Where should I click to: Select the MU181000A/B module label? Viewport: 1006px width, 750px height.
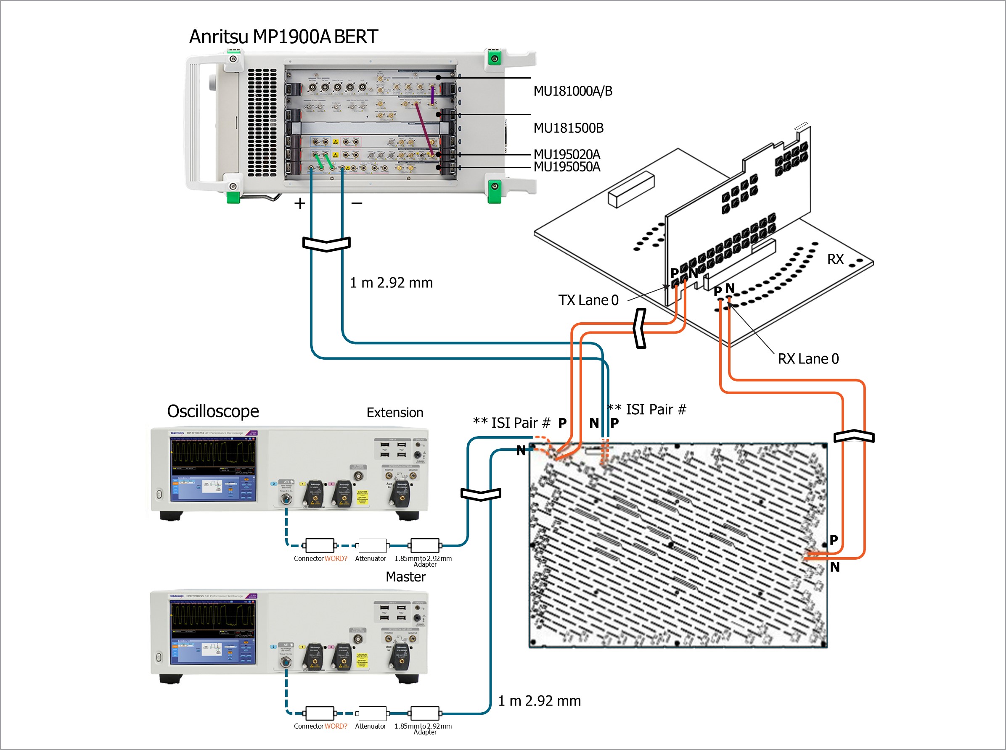pos(572,91)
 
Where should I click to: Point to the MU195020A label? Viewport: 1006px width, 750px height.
pos(567,154)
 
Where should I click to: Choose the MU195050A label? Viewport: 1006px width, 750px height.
pos(567,167)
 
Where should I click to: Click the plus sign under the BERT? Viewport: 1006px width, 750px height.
pos(299,203)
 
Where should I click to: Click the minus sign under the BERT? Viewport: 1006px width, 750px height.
pos(357,203)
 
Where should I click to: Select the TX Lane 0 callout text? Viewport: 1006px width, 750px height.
pos(588,300)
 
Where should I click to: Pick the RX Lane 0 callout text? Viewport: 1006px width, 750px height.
pos(808,359)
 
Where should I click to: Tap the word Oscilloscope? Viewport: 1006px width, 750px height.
pos(213,411)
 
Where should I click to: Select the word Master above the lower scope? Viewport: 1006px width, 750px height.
pos(405,577)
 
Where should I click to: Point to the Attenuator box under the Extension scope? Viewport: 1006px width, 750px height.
pos(372,545)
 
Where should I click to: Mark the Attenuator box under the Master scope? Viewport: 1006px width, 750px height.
pos(372,713)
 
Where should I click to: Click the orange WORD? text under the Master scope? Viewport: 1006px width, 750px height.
pos(336,726)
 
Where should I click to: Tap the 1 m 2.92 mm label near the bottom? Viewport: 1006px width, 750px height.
pos(539,701)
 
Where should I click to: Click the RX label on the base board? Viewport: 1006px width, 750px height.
pos(835,259)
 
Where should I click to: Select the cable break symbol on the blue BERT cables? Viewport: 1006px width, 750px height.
pos(326,244)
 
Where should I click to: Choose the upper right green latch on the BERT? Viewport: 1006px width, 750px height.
pos(494,58)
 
